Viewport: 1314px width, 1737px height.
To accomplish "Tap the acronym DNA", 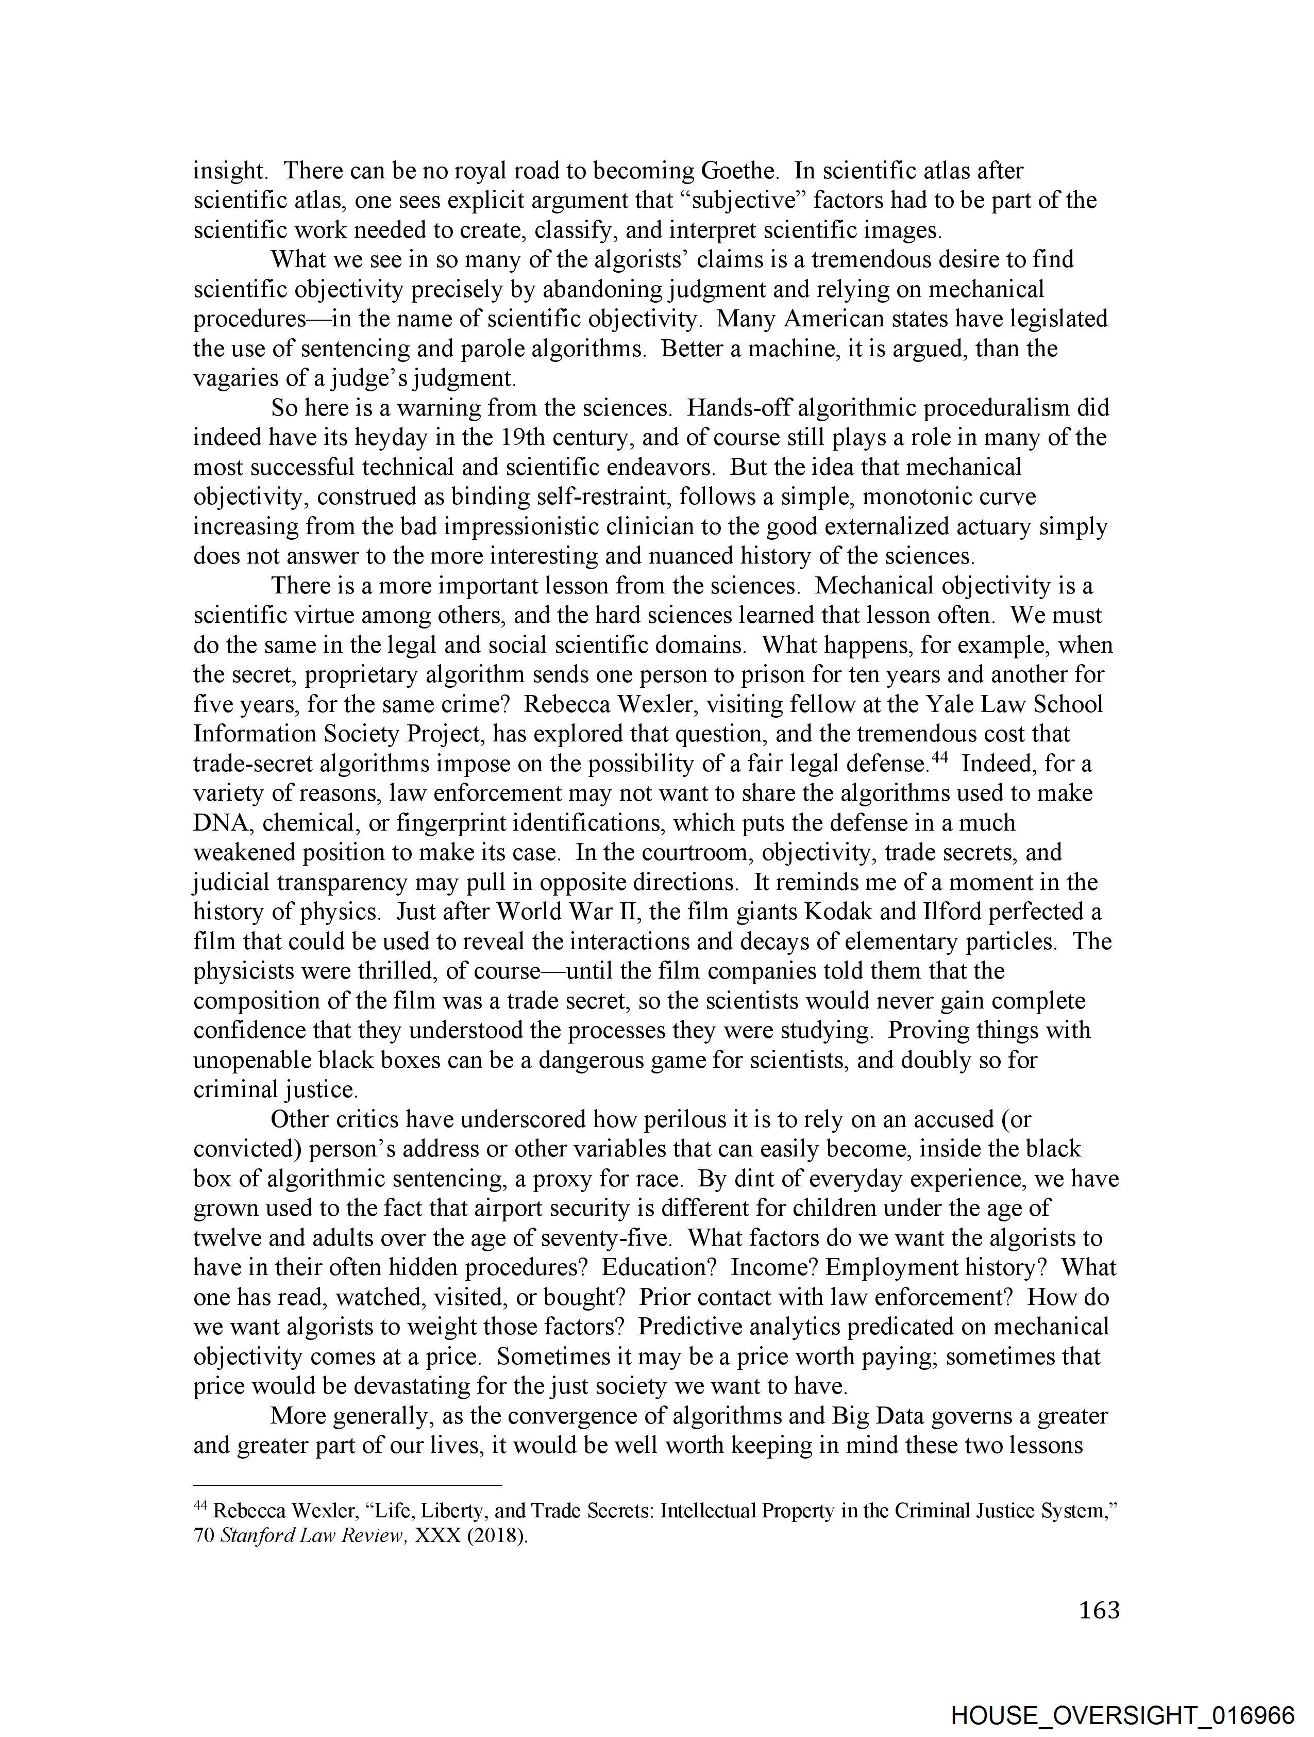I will pyautogui.click(x=222, y=823).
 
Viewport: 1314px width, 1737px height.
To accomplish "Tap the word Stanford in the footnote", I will pyautogui.click(x=251, y=1536).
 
